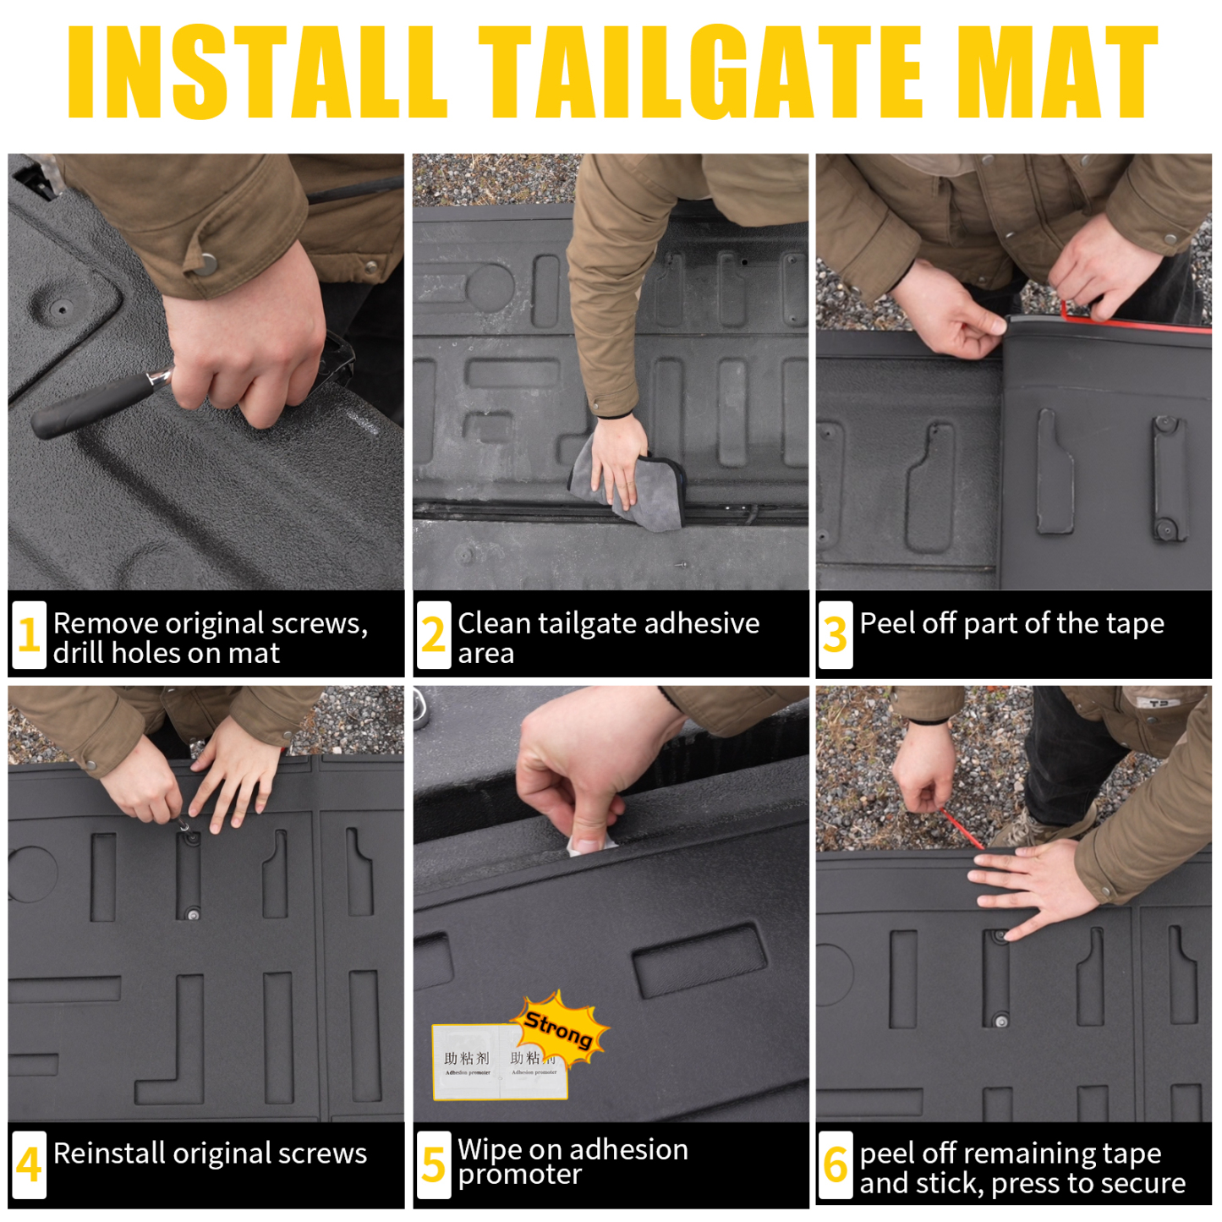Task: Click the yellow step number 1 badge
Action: (x=29, y=635)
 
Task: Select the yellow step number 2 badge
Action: (x=433, y=635)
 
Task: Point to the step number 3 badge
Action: (x=835, y=635)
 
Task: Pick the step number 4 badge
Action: (x=29, y=1164)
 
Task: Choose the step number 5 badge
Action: (x=433, y=1164)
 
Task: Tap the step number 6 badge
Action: (x=835, y=1164)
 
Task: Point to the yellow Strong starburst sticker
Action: (x=560, y=1028)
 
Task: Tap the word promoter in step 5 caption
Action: (x=519, y=1175)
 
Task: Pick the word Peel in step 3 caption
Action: (x=885, y=623)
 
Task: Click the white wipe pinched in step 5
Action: (x=590, y=841)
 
